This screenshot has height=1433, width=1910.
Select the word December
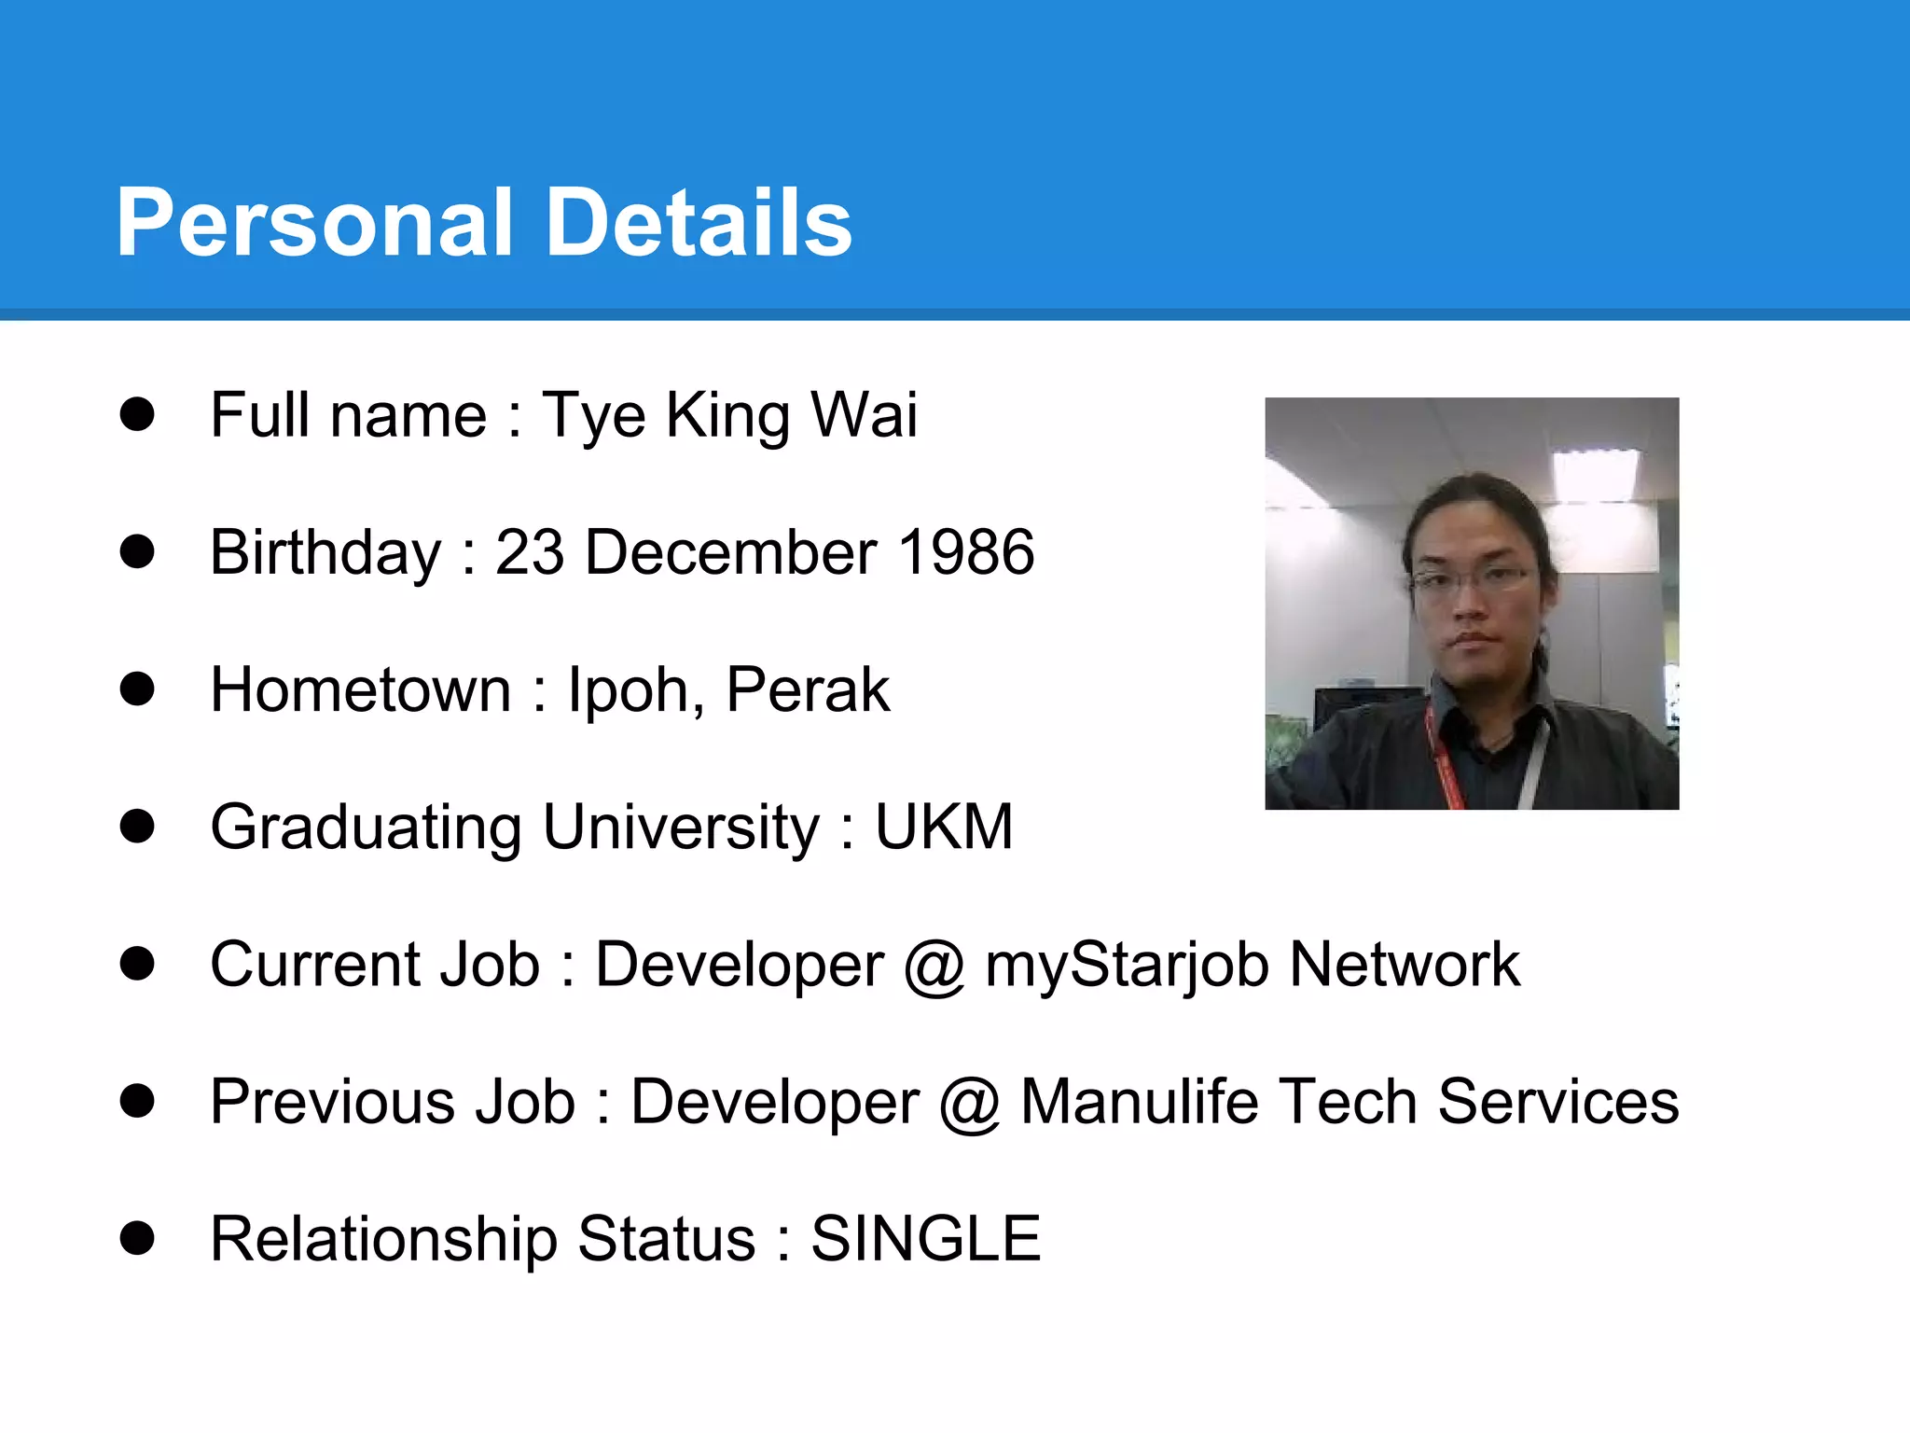click(x=730, y=551)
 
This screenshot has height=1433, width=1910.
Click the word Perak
click(x=808, y=689)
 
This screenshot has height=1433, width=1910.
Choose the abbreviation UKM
click(x=944, y=827)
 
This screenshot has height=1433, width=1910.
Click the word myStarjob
click(x=1127, y=966)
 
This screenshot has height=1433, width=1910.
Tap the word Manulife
click(x=1140, y=1102)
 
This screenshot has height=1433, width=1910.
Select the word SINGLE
click(x=925, y=1239)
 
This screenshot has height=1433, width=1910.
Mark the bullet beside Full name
click(x=137, y=414)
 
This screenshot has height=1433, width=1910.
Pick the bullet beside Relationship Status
click(x=137, y=1238)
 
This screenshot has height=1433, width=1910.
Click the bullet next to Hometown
click(x=137, y=689)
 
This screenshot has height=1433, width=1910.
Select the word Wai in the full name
click(x=865, y=414)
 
